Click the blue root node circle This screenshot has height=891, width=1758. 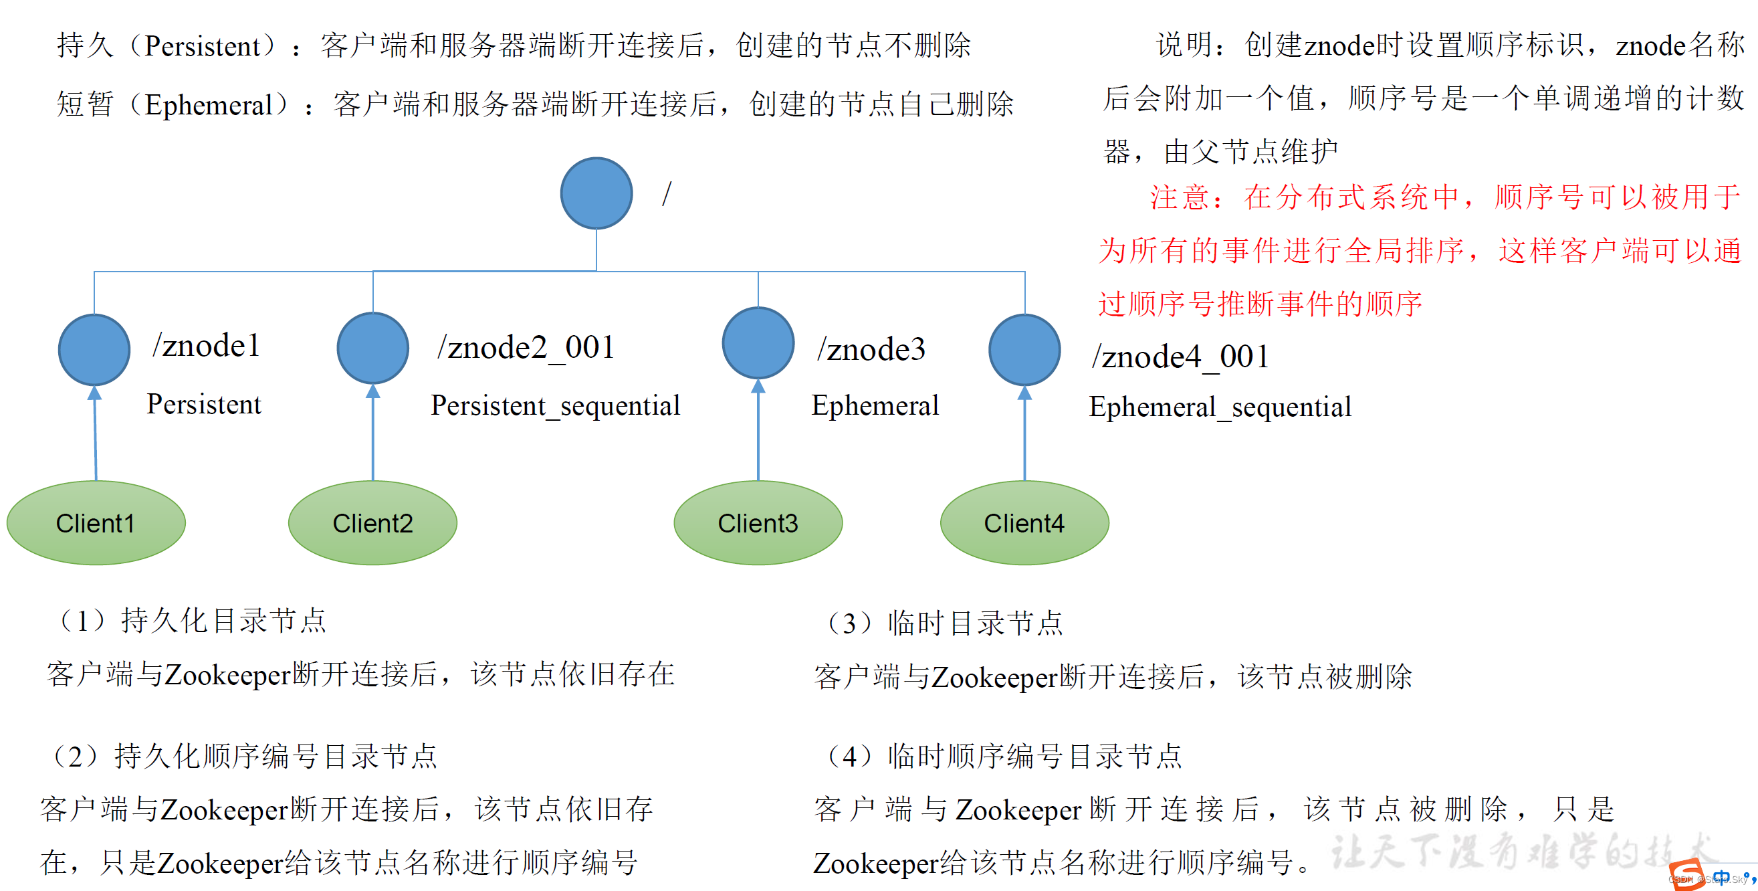tap(596, 193)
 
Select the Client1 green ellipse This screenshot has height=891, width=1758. tap(96, 523)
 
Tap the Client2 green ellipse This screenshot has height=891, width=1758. tap(372, 523)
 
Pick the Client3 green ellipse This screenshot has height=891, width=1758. tap(758, 523)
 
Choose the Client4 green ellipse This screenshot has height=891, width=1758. tap(1024, 523)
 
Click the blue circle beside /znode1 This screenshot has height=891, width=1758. tap(94, 350)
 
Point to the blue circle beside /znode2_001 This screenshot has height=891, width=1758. tap(372, 349)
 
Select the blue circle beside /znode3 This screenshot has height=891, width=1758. tap(758, 342)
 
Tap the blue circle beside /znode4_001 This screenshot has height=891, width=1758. tap(1024, 350)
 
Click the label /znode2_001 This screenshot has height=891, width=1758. tap(526, 348)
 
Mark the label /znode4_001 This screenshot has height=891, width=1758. tap(1180, 357)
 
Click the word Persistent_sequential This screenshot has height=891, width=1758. tap(555, 405)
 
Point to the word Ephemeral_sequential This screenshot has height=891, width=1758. tap(1220, 407)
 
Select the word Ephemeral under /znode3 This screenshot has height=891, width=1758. tap(875, 405)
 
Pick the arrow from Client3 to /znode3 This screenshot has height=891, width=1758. tap(758, 430)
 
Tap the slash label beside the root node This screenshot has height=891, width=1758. tap(667, 194)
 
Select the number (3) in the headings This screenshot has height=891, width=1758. tap(849, 623)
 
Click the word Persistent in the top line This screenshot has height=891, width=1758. tap(202, 46)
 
